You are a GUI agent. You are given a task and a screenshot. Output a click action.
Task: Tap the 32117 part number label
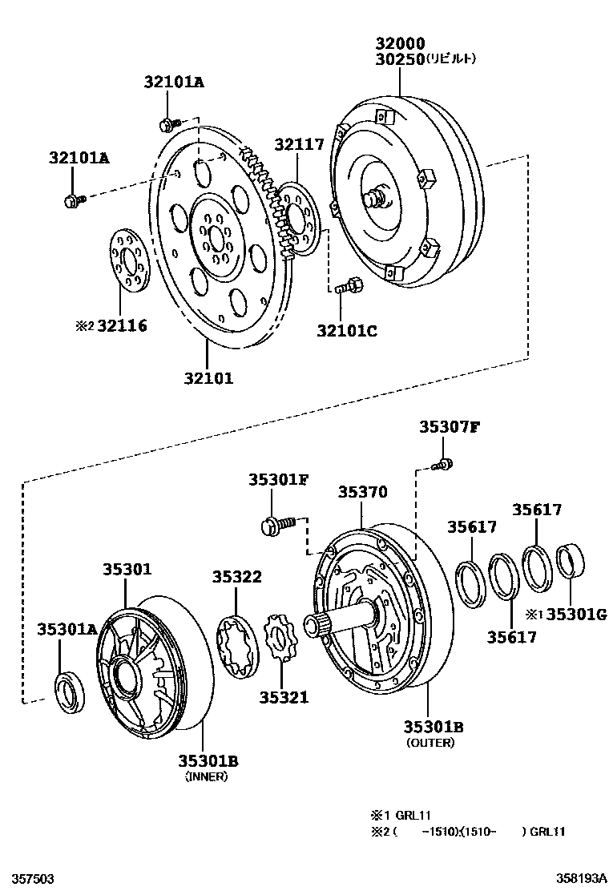[x=299, y=145]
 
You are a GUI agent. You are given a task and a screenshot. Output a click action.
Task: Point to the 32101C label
[x=346, y=329]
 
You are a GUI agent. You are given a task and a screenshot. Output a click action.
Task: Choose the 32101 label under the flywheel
[x=206, y=378]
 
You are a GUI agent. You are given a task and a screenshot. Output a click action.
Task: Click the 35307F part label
[x=449, y=426]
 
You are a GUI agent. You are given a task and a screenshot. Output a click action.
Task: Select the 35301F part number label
[x=277, y=479]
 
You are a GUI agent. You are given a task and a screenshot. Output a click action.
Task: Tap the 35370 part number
[x=361, y=493]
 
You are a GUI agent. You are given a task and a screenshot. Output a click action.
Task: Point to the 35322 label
[x=237, y=577]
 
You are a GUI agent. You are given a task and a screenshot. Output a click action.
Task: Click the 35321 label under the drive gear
[x=283, y=697]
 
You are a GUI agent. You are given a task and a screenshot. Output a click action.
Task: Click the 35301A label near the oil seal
[x=67, y=630]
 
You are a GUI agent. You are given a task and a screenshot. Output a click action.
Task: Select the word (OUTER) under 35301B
[x=430, y=743]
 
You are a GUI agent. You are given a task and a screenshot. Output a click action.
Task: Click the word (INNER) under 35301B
[x=207, y=776]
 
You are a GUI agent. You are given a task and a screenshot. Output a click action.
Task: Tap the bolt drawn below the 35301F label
[x=278, y=524]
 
